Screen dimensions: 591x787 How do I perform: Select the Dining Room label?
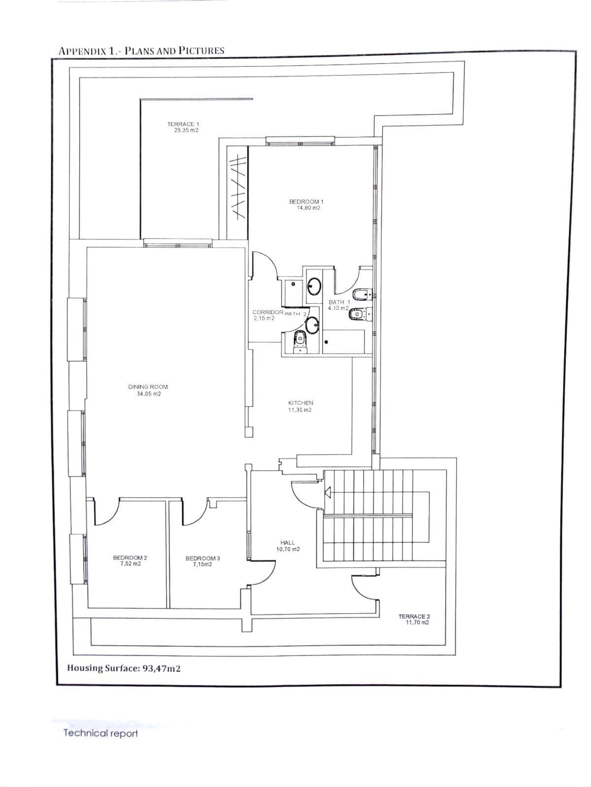[148, 387]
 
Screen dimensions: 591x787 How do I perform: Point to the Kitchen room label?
[301, 403]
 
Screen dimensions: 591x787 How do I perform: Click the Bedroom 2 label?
[130, 557]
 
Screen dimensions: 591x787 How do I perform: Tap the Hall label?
[288, 543]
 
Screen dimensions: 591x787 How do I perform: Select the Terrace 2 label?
[414, 616]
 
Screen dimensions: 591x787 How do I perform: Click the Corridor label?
[268, 312]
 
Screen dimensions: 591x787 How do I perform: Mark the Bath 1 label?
[339, 302]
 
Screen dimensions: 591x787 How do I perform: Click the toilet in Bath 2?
[300, 342]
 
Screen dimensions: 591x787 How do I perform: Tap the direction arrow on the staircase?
[328, 491]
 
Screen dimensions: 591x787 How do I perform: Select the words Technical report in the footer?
[100, 733]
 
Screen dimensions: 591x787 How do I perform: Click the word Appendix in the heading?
[82, 51]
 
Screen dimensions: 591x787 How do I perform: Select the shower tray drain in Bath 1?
[327, 342]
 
